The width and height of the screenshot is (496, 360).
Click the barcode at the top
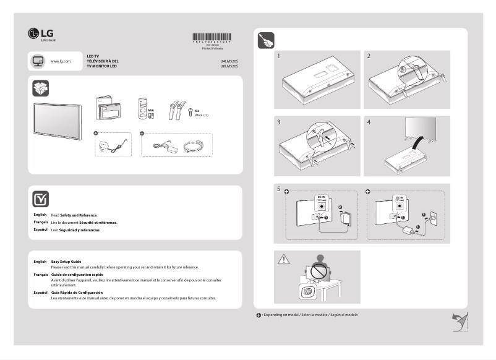click(212, 36)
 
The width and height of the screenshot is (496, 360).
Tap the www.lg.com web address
click(60, 61)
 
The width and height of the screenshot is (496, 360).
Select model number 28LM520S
click(229, 66)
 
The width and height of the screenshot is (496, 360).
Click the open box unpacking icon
click(40, 88)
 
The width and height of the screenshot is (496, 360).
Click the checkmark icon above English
click(40, 199)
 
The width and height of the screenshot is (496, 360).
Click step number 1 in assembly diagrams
click(280, 56)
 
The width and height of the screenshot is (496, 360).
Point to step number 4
click(369, 122)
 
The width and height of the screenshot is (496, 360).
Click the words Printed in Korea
click(212, 48)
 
